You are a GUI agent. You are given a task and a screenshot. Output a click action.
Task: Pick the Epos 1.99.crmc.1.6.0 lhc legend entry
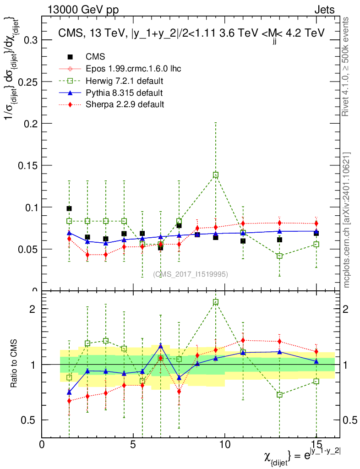(133, 69)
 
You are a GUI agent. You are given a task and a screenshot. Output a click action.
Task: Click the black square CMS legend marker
(70, 57)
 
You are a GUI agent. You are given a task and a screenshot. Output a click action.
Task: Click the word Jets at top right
(324, 10)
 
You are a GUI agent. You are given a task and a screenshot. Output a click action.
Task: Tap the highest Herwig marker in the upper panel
(216, 175)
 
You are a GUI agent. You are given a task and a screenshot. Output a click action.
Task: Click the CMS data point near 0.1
(69, 208)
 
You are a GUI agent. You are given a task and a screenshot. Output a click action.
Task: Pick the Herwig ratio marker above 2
(216, 302)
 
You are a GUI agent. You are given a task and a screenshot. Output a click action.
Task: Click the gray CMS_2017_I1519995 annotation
(191, 274)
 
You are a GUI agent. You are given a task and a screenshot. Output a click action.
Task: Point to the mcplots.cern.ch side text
(347, 220)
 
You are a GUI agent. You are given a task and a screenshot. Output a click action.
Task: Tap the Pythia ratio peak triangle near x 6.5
(161, 346)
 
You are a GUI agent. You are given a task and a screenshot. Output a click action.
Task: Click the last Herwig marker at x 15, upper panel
(316, 244)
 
